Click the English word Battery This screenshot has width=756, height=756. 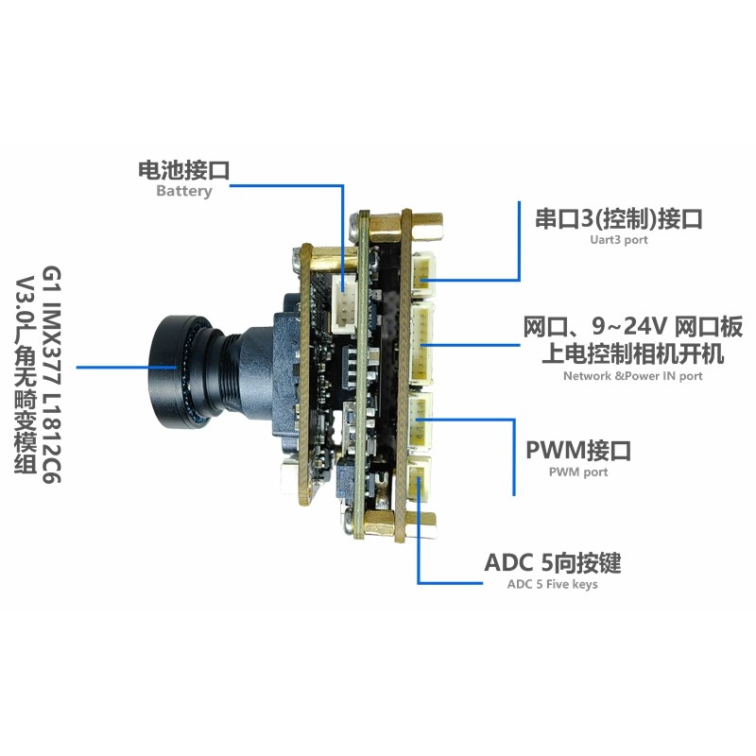[183, 191]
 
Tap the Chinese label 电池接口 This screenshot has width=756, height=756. [183, 170]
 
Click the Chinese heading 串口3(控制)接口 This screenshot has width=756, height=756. [619, 219]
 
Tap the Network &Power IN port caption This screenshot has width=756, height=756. [632, 375]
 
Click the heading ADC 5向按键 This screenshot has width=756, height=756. [553, 563]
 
